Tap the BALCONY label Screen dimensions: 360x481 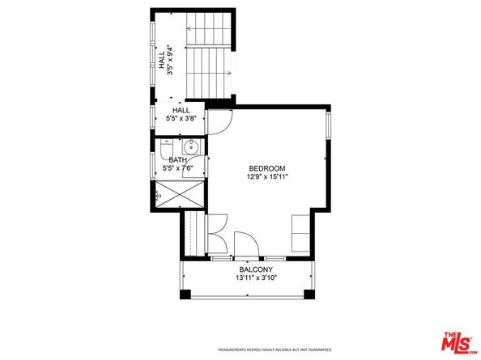pos(255,269)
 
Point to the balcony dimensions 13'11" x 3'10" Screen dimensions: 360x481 pos(255,278)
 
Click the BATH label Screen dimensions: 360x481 pos(178,160)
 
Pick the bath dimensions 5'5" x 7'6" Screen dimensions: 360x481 pos(178,169)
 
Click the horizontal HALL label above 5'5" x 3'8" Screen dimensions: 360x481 pos(181,110)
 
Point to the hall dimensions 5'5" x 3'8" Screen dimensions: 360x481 pos(181,119)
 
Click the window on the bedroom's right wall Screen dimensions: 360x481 pos(329,125)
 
